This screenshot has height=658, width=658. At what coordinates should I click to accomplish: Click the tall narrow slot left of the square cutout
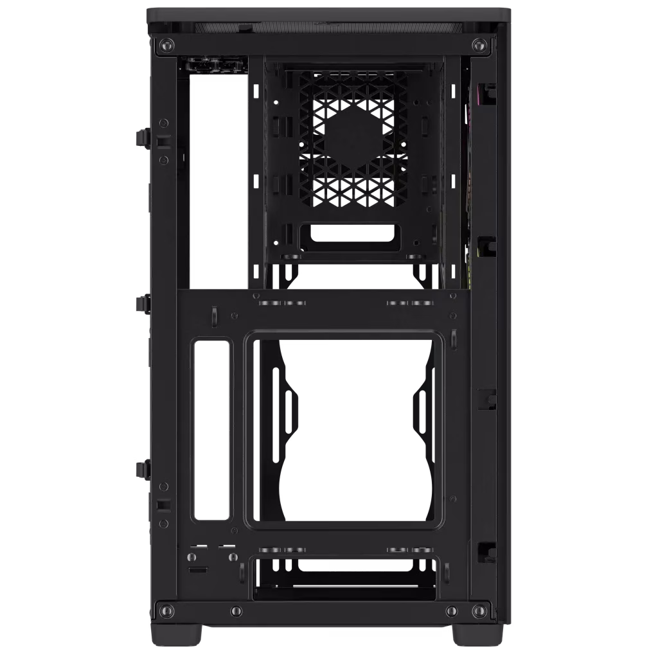[x=211, y=429]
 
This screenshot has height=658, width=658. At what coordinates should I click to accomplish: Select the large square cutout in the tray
[x=346, y=429]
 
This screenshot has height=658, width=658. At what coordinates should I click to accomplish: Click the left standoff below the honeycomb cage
[x=289, y=256]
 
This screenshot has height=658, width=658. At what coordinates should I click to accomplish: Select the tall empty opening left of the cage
[x=218, y=180]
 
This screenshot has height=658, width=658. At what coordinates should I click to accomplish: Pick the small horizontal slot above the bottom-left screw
[x=197, y=570]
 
